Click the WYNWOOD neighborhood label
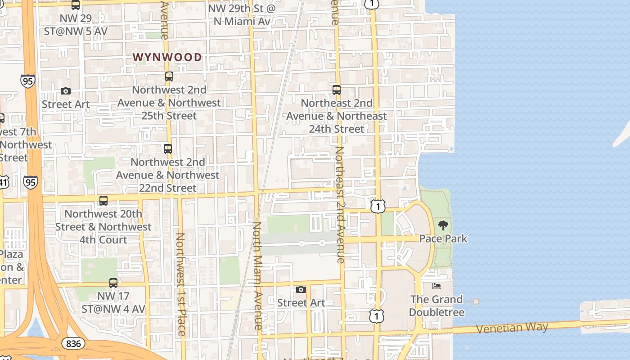click(167, 57)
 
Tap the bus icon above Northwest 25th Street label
click(169, 76)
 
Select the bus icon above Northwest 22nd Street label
click(168, 148)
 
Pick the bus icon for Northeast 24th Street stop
click(337, 90)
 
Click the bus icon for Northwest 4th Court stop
click(103, 201)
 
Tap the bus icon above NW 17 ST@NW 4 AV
click(113, 283)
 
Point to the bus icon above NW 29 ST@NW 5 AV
click(76, 5)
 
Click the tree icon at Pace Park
click(443, 225)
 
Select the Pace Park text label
click(443, 238)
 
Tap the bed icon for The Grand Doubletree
click(436, 286)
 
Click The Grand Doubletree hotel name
click(436, 306)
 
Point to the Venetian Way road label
click(512, 328)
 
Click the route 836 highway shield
click(73, 344)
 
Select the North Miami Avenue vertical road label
click(257, 275)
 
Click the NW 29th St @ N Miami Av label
click(242, 15)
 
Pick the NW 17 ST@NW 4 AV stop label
click(113, 302)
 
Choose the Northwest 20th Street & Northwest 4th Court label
click(103, 227)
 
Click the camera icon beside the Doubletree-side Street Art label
click(301, 289)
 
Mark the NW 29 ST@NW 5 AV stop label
click(76, 25)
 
